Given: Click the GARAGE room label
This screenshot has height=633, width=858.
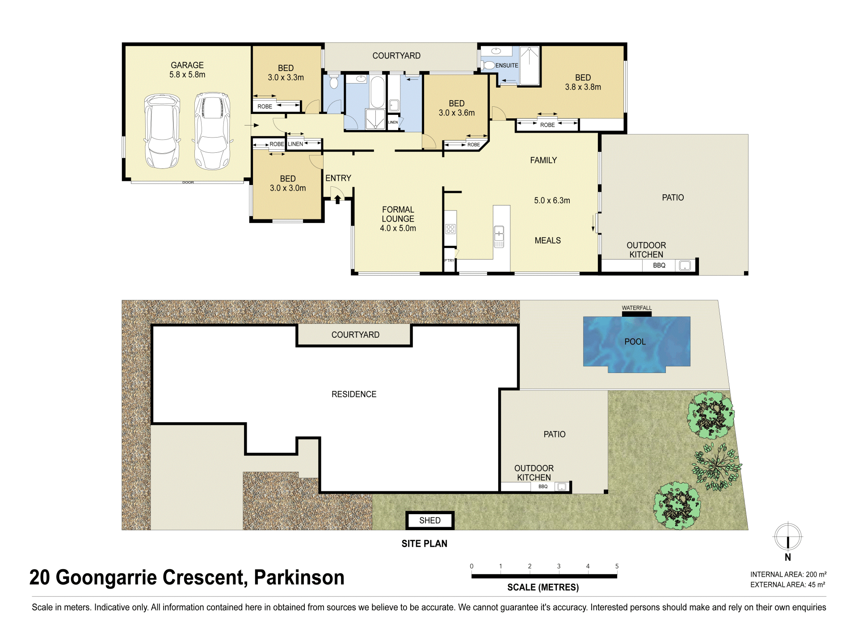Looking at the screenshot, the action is click(x=187, y=65).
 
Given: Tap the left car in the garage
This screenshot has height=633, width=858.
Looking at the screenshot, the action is click(x=162, y=131).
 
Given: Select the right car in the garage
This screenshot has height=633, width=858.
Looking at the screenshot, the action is click(x=212, y=131).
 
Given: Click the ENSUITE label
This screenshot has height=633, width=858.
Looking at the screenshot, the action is click(x=507, y=65).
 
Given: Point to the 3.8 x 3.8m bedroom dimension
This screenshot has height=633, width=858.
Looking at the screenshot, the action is click(x=583, y=87).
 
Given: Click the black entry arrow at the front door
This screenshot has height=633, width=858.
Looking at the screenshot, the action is click(x=338, y=199).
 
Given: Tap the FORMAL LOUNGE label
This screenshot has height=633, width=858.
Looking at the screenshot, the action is click(x=398, y=214).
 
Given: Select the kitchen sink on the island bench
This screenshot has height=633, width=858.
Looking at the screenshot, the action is click(x=499, y=237).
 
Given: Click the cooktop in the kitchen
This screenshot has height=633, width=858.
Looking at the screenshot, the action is click(x=450, y=229).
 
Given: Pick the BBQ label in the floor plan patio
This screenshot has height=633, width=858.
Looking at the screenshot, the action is click(x=659, y=265).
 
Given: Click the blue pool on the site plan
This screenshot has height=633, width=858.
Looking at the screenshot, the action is click(x=636, y=344).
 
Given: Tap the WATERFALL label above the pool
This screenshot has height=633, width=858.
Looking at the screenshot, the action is click(x=637, y=308).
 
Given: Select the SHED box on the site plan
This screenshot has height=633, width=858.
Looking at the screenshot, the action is click(x=430, y=520).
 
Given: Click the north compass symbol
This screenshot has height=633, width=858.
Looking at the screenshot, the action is click(x=788, y=537).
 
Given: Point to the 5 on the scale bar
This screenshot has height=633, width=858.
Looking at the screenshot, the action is click(x=617, y=566).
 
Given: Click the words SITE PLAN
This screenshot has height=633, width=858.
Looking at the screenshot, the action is click(x=424, y=544).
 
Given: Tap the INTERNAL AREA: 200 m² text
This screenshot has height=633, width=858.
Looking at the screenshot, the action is click(x=788, y=574).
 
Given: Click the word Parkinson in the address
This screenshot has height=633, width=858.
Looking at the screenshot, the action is click(x=299, y=577).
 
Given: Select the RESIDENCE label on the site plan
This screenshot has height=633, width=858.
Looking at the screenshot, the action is click(x=354, y=394).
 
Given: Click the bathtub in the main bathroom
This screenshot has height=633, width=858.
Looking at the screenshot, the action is click(x=377, y=92).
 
